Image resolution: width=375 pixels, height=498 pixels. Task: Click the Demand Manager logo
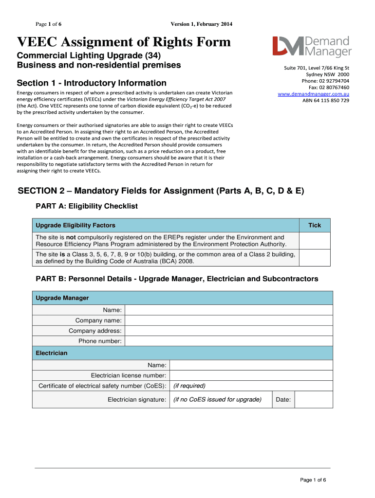click(x=312, y=47)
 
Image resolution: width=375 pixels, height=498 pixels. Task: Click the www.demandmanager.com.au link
click(x=313, y=94)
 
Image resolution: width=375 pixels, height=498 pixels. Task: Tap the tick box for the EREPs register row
click(x=315, y=241)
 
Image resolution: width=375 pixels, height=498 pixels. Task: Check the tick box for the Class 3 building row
click(x=315, y=257)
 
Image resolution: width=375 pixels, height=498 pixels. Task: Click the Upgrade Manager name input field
click(x=228, y=310)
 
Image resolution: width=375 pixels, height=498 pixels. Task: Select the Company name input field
click(x=228, y=320)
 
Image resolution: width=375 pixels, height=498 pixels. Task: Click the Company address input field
click(x=228, y=331)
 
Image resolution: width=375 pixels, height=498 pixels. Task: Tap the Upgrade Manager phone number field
click(x=228, y=341)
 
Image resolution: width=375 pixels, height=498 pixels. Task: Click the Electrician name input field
click(x=251, y=365)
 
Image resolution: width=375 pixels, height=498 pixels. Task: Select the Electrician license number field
click(x=251, y=375)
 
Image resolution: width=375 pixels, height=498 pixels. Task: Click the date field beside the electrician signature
click(x=314, y=400)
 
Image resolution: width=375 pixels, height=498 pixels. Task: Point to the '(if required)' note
click(x=189, y=386)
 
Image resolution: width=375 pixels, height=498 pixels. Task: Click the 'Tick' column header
click(x=315, y=225)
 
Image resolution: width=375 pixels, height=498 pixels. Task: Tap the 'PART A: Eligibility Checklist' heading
click(x=87, y=206)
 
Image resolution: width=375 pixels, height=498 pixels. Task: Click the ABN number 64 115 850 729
click(x=326, y=101)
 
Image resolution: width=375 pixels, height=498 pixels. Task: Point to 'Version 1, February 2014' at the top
click(x=201, y=24)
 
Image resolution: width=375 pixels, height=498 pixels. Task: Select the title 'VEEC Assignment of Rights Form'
click(x=124, y=42)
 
